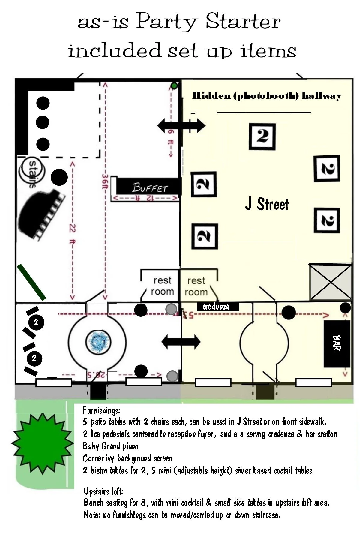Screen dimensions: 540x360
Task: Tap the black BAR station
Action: (337, 344)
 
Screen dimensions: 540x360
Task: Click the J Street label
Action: (267, 204)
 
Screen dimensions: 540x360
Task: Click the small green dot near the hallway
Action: (174, 86)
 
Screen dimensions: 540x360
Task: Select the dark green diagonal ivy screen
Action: (31, 282)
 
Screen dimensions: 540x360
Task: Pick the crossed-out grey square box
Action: (330, 282)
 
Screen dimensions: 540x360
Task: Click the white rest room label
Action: (162, 286)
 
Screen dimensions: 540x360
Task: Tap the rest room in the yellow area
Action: (196, 286)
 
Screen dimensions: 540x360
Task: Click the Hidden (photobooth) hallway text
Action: (267, 96)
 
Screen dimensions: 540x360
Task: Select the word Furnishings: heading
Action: (101, 410)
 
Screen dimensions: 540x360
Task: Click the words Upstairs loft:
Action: (103, 491)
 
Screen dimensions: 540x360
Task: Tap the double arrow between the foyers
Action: (181, 342)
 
